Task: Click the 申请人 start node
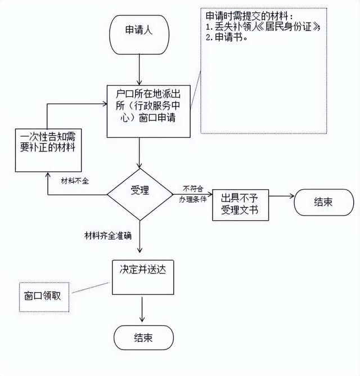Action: click(x=139, y=35)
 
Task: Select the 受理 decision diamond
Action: click(x=140, y=194)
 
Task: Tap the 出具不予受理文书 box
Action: click(x=240, y=205)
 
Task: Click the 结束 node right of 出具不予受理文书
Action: click(x=324, y=202)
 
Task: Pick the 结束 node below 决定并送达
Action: click(x=143, y=337)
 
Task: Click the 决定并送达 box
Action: click(x=143, y=277)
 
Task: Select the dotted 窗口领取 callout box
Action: click(x=44, y=297)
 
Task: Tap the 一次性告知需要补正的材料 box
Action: click(x=48, y=150)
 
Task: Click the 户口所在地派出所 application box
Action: click(x=148, y=111)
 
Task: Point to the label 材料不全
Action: click(x=75, y=181)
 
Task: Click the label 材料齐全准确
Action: click(x=108, y=235)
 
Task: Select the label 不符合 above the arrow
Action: click(x=193, y=189)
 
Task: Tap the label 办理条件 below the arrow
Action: click(x=193, y=199)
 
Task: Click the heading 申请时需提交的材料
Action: click(x=249, y=16)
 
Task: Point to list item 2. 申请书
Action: click(x=227, y=37)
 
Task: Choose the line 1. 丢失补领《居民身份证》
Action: click(x=263, y=26)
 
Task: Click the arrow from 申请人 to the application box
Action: click(x=139, y=70)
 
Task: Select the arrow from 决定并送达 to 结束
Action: click(x=142, y=310)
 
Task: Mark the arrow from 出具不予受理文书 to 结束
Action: click(x=281, y=196)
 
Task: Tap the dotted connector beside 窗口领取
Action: click(x=91, y=288)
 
